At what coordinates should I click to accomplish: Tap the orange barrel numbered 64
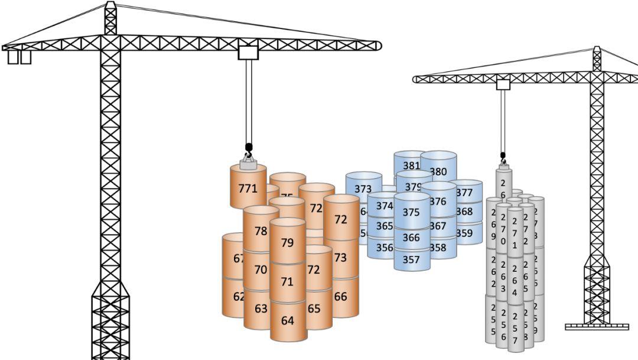pos(288,321)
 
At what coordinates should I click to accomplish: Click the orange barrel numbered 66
pos(341,297)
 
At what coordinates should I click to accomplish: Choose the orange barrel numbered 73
pos(341,258)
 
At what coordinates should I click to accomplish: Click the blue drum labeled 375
pos(411,212)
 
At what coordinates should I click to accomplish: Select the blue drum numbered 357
pos(411,259)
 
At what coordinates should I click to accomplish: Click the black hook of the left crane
pos(248,149)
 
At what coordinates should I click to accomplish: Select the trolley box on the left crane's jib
pos(249,52)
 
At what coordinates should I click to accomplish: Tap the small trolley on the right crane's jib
pos(503,85)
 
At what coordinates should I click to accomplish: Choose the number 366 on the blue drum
pos(411,237)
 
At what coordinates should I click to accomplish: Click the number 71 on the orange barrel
pos(287,282)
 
